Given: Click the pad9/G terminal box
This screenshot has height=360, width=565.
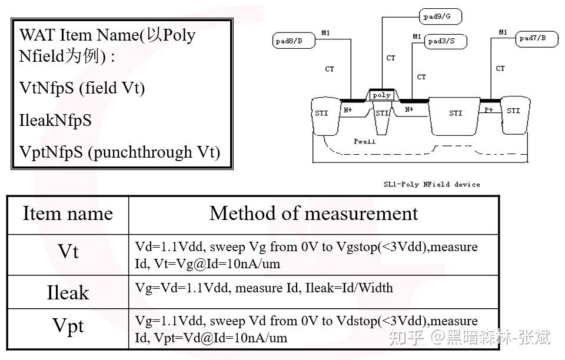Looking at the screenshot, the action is tap(440, 16).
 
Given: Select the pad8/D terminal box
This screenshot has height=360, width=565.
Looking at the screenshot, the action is tap(294, 41).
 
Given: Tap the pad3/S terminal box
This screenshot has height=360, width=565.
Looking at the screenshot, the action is tap(446, 41).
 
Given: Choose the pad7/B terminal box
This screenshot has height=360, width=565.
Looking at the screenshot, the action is tap(537, 38).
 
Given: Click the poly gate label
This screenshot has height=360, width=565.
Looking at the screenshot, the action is tap(381, 95).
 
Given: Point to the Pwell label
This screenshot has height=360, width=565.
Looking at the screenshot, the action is tap(364, 142).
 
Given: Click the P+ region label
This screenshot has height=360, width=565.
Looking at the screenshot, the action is tap(488, 109).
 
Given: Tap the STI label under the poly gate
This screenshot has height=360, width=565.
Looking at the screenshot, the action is tap(382, 114).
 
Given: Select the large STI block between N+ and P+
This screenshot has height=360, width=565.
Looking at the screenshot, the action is tap(454, 116).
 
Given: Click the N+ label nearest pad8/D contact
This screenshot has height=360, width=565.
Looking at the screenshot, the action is tap(348, 110).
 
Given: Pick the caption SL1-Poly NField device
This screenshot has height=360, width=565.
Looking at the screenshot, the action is tap(431, 184).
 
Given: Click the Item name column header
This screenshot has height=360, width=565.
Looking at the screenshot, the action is tap(68, 214).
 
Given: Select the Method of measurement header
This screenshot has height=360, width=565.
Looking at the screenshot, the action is tap(314, 214).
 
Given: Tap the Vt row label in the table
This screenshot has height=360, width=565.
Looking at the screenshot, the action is tap(68, 251).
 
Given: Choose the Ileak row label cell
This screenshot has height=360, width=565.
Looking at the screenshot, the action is tap(68, 292).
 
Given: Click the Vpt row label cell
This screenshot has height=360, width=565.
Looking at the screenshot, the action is tap(68, 329).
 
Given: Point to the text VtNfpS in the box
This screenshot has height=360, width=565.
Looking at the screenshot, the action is tap(46, 88).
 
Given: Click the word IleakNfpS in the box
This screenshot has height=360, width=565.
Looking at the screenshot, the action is tap(55, 120).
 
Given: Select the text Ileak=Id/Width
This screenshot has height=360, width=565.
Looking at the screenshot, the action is tap(349, 288).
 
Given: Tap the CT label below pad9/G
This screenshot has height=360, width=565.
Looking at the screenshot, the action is tap(391, 58).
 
